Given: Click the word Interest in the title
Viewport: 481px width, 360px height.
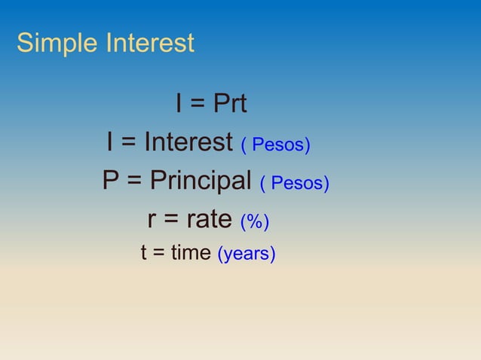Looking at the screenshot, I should coord(150,42).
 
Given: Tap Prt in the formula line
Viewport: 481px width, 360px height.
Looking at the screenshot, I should coord(230,104).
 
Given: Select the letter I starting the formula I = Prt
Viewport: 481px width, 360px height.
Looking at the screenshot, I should coord(179,104).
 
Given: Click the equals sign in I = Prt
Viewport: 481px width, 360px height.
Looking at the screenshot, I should coord(198,105).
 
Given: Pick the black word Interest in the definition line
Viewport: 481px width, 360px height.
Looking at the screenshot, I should coord(188,142).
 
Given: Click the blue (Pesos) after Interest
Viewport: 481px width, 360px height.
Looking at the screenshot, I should coord(276,144).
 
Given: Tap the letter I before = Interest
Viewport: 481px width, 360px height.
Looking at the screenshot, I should coord(110,142).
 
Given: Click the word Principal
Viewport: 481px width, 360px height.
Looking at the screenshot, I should coord(201,182).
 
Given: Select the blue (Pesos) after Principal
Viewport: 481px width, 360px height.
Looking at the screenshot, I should coord(295,183).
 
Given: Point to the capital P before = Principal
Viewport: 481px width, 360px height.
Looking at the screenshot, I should coord(112,181).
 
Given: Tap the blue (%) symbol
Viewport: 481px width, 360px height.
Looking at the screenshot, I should coord(255,222).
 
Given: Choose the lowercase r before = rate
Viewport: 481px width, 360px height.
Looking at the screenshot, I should coord(152,221).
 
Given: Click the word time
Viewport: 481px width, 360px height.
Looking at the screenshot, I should coord(190,253).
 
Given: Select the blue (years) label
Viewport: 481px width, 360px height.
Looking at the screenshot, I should coord(247,255).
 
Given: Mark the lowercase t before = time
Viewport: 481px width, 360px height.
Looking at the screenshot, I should coord(144,253).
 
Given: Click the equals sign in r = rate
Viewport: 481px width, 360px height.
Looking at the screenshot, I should coord(171,221).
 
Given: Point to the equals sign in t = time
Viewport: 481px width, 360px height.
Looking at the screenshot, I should coord(158,254).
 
